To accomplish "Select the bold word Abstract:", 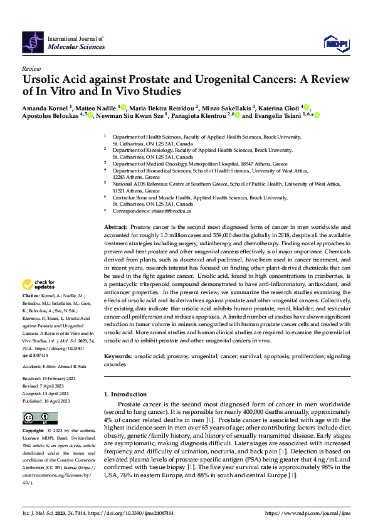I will coord(115,226).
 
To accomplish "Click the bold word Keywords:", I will coord(117,356).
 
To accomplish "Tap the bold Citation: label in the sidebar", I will coord(31,295).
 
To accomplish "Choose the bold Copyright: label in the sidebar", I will coord(33,431).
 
